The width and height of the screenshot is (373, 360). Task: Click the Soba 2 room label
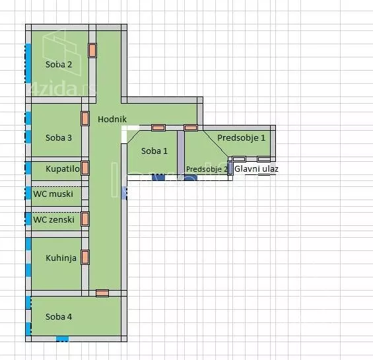click(x=59, y=64)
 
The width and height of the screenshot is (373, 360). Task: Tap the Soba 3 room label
click(x=59, y=137)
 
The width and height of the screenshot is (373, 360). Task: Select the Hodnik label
click(x=112, y=119)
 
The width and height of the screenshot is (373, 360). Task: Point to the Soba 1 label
click(x=154, y=151)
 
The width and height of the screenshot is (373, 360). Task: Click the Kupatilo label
click(x=63, y=169)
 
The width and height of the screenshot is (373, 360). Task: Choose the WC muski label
click(x=53, y=194)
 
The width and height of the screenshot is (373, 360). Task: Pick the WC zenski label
click(x=53, y=219)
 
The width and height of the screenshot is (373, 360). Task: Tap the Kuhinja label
click(x=61, y=258)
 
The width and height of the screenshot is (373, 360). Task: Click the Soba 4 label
click(x=59, y=316)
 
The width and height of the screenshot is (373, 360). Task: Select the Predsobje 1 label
click(x=241, y=137)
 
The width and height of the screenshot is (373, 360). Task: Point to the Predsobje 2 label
click(x=207, y=169)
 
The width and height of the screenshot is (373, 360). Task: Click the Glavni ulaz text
click(x=256, y=169)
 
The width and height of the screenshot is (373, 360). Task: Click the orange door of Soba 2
click(x=92, y=50)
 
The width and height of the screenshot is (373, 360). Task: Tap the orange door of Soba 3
click(x=85, y=119)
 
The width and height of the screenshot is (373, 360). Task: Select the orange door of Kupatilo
click(x=85, y=168)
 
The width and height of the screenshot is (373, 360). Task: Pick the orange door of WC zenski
click(x=85, y=219)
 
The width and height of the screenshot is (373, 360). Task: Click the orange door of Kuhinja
click(x=85, y=257)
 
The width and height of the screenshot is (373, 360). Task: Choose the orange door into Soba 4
click(x=102, y=293)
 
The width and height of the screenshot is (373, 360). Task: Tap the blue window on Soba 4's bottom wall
click(x=62, y=339)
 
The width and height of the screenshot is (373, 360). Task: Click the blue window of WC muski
click(x=28, y=193)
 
